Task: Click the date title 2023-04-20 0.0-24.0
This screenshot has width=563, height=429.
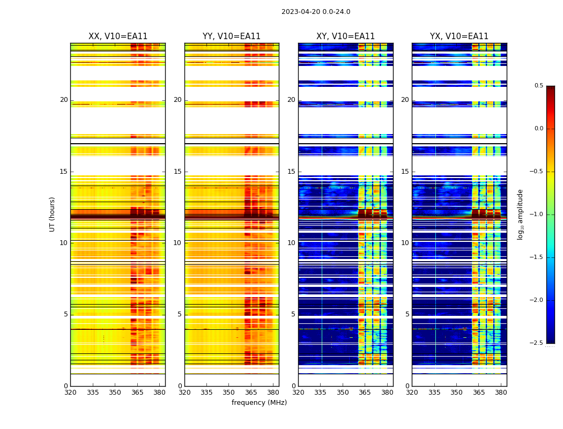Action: click(x=316, y=12)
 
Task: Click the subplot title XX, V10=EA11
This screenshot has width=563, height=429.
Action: click(x=118, y=36)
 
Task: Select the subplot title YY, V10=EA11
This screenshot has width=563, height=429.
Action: click(x=232, y=36)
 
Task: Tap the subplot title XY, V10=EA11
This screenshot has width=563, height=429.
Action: click(x=345, y=36)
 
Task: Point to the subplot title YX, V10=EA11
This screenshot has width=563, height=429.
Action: click(x=459, y=36)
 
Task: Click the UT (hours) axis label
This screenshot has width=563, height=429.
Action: click(x=53, y=214)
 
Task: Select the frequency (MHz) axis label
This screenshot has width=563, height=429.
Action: click(x=259, y=403)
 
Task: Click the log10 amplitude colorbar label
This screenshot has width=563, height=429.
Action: click(x=520, y=214)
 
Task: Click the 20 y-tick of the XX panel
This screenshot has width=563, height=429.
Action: click(x=64, y=100)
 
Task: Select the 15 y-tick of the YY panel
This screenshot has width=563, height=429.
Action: click(x=178, y=172)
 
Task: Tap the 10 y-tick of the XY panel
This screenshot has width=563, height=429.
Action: click(x=292, y=243)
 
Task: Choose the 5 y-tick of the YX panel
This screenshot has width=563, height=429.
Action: click(x=408, y=314)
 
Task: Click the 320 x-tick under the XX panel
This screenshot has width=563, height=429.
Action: click(x=70, y=393)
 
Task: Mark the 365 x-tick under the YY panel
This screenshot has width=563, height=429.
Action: click(x=251, y=393)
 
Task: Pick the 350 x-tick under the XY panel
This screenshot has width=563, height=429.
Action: click(x=343, y=393)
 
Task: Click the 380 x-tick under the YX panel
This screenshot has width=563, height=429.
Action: click(x=501, y=393)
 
